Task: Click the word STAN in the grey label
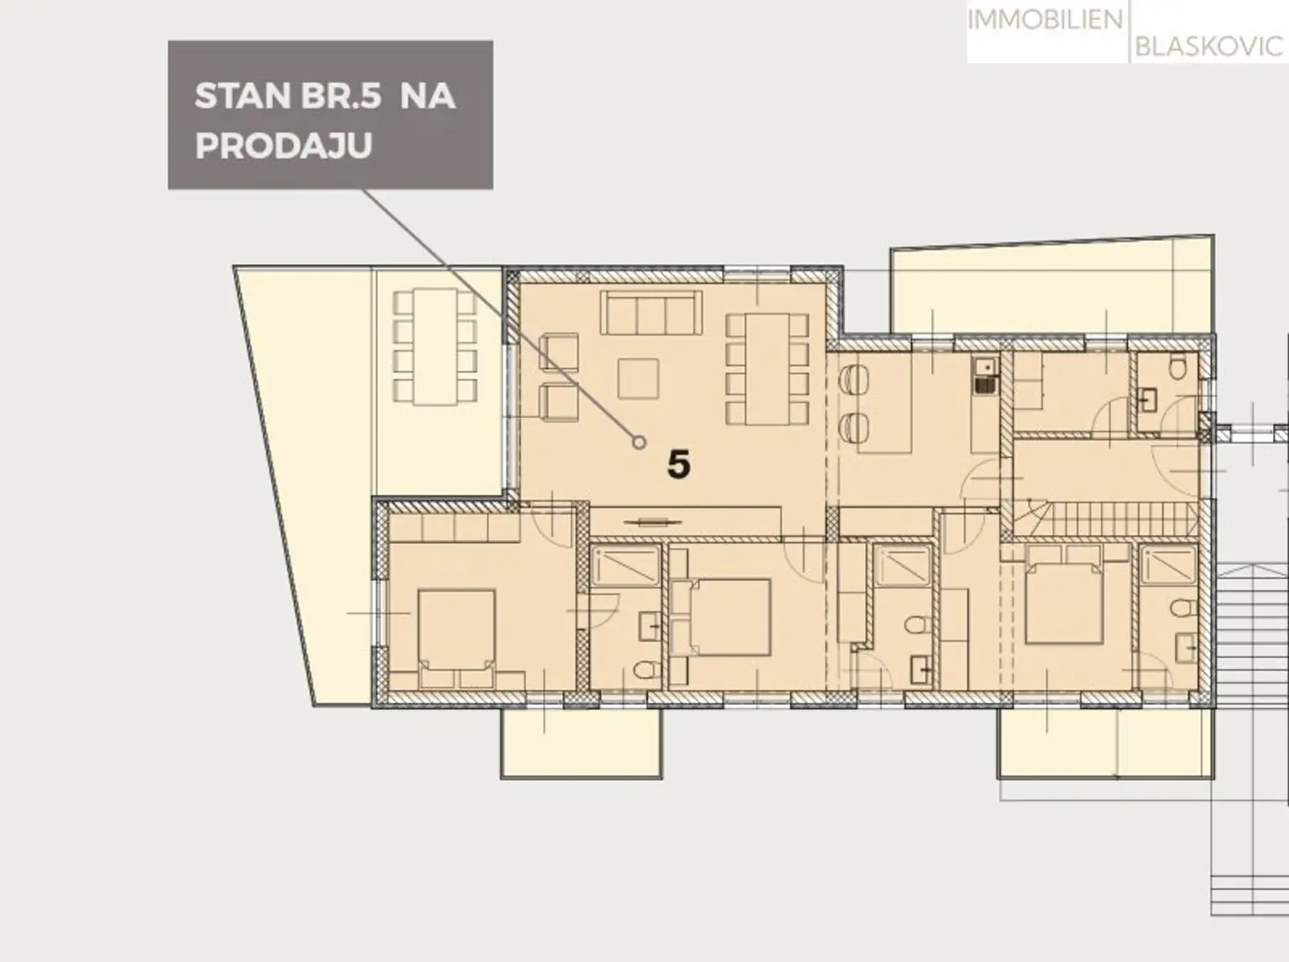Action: [x=242, y=96]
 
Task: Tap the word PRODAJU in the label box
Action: [x=284, y=145]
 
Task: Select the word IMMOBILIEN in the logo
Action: [x=1045, y=20]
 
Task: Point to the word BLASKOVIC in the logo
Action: [x=1209, y=46]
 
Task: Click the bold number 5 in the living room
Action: [x=678, y=464]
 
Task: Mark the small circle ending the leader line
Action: [x=639, y=442]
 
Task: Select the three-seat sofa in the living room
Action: [x=650, y=312]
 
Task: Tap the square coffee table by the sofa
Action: [x=638, y=379]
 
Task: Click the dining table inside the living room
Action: [x=767, y=369]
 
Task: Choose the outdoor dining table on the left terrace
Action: [x=436, y=347]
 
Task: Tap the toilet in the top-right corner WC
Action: [x=1177, y=369]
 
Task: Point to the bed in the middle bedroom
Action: [x=729, y=617]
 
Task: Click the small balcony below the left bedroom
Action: [x=582, y=743]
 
